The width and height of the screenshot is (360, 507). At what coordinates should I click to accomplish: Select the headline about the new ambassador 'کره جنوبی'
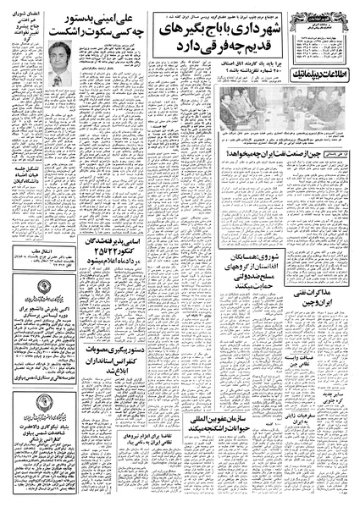[x=323, y=400]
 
